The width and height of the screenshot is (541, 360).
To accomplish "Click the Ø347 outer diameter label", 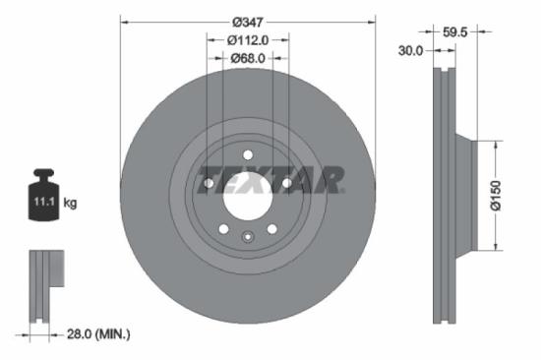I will tap(247, 22).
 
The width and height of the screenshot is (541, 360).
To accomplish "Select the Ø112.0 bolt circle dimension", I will tap(247, 40).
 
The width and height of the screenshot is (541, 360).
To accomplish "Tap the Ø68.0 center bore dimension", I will tap(247, 59).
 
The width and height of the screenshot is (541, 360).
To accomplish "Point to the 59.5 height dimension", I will tap(454, 31).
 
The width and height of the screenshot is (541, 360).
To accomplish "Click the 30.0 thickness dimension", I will tap(409, 50).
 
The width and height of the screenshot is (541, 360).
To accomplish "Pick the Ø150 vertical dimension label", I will tap(511, 195).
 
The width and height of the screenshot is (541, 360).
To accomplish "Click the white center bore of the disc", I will tap(247, 193).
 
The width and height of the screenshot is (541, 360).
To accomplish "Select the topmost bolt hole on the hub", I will tap(247, 153).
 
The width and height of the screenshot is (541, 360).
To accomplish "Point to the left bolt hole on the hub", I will tap(209, 182).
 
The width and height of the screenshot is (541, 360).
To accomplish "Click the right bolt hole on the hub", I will tap(286, 182).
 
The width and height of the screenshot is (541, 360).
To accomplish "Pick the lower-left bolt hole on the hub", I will tap(223, 228).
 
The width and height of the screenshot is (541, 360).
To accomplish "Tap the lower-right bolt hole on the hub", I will tap(271, 228).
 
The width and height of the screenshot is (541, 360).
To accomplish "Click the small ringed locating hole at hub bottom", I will tap(247, 234).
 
